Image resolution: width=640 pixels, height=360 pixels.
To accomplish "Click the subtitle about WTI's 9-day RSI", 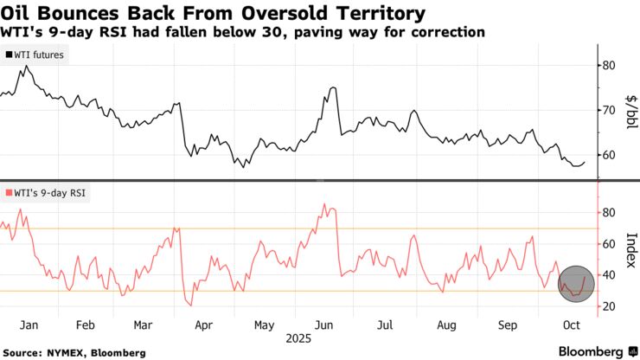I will pyautogui.click(x=243, y=32).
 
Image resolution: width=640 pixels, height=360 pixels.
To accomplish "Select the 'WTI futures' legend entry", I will pyautogui.click(x=39, y=55).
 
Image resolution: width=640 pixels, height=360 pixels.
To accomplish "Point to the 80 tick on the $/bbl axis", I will pyautogui.click(x=609, y=66).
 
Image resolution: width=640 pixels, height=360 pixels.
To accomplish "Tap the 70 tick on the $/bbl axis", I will pyautogui.click(x=609, y=111).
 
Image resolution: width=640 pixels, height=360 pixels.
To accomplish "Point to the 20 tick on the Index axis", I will pyautogui.click(x=609, y=306).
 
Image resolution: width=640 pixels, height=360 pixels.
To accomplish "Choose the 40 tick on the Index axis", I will pyautogui.click(x=609, y=275).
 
